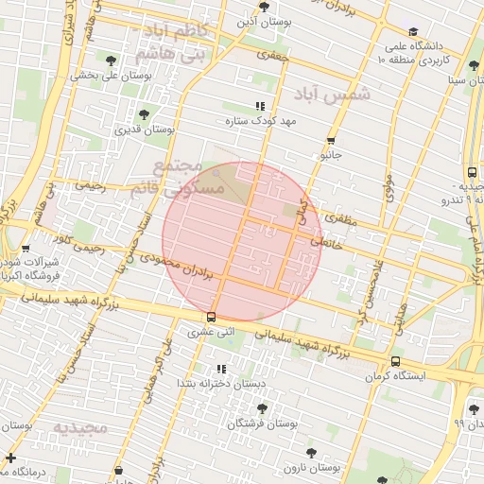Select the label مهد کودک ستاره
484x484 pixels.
261,122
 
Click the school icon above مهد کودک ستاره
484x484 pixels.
261,107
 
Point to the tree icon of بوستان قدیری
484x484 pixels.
144,114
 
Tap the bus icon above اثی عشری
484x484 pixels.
210,317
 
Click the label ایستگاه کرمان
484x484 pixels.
396,376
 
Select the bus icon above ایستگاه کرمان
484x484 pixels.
395,361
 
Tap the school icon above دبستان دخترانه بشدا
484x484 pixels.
221,369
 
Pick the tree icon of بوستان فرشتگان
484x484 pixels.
262,407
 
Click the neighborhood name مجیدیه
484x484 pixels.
80,428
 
